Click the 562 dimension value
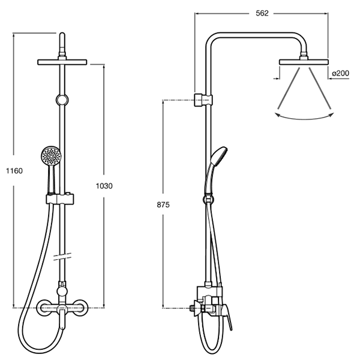262,13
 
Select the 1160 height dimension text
14,171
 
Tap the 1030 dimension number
104,186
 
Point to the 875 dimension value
163,205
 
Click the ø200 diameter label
340,73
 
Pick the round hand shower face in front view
51,155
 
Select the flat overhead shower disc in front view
62,62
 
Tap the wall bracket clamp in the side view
203,100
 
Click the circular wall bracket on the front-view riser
62,100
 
